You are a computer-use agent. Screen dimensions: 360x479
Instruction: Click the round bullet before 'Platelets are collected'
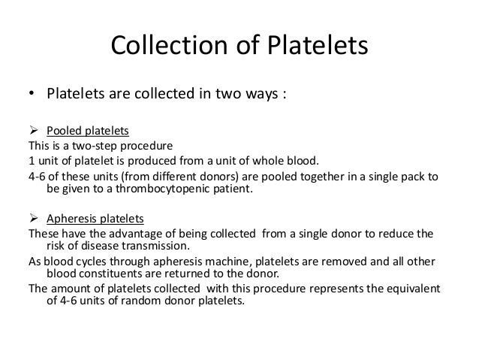coord(32,95)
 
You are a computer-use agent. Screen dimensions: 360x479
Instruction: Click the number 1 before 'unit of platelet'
coord(29,160)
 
